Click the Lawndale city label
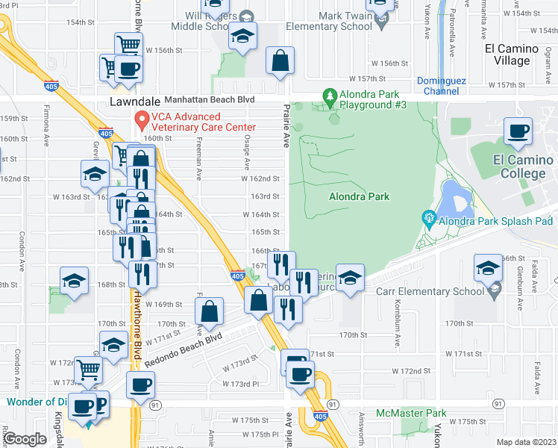point(135,100)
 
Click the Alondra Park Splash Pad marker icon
point(429,219)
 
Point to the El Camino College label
point(523,167)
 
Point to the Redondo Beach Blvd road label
point(184,349)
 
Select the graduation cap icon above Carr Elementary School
point(488,267)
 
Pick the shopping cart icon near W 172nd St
point(89,368)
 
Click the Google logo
point(25,439)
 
